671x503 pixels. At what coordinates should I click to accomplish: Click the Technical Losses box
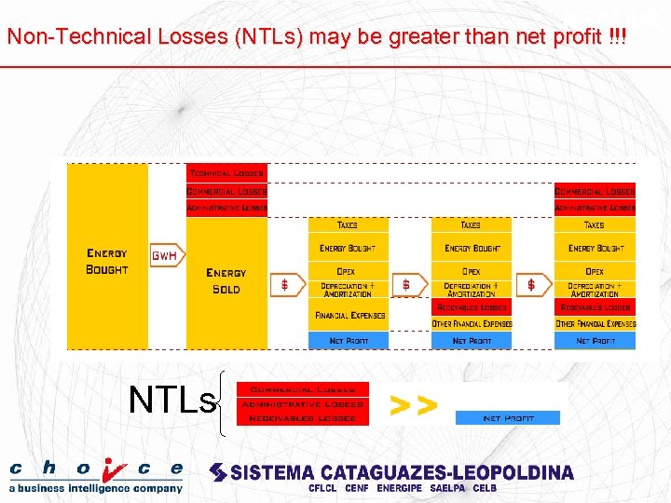226,173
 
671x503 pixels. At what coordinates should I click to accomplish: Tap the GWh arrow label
164,254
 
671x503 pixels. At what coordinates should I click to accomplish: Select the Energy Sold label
226,280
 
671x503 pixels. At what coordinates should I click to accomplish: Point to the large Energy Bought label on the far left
107,261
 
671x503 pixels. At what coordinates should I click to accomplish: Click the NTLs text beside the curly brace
172,400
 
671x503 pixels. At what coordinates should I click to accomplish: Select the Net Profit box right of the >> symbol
508,418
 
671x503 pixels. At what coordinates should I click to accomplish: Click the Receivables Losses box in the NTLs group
302,419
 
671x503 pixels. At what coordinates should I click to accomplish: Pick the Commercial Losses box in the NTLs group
302,389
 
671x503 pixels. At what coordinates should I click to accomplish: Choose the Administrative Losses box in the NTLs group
302,404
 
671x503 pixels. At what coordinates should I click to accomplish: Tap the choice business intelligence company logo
96,475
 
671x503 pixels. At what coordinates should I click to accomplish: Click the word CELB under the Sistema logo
485,488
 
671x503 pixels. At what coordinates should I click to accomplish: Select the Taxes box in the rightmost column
595,224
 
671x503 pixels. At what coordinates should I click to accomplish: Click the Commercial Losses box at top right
595,191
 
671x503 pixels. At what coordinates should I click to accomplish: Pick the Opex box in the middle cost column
471,271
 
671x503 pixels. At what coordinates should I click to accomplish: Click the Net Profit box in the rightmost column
595,341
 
